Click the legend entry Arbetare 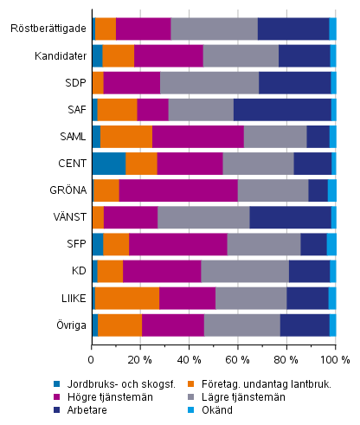pyautogui.click(x=133, y=410)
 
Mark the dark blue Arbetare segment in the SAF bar pyautogui.click(x=282, y=109)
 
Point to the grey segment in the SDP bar pyautogui.click(x=209, y=82)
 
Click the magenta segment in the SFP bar pyautogui.click(x=177, y=244)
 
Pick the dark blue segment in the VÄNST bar pyautogui.click(x=290, y=217)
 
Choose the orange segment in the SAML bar pyautogui.click(x=125, y=136)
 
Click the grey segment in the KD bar pyautogui.click(x=245, y=271)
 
